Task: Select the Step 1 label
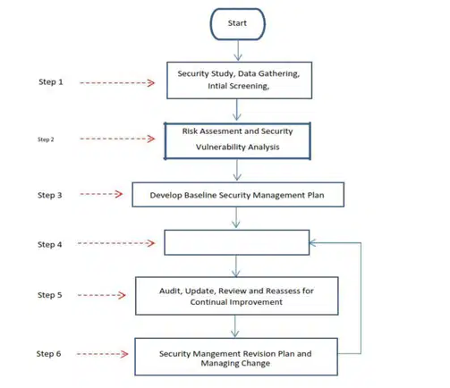click(x=51, y=82)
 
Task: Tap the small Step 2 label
click(x=46, y=139)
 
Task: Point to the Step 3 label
click(x=49, y=195)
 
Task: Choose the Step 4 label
click(x=49, y=245)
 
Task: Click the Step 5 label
click(x=49, y=295)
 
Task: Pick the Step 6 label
click(x=48, y=354)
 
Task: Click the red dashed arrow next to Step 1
click(x=117, y=83)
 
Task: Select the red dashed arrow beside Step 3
click(x=101, y=194)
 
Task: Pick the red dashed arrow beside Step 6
click(x=102, y=354)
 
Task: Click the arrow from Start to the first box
click(x=238, y=50)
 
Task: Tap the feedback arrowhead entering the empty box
click(x=312, y=243)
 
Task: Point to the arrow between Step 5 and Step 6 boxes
click(x=235, y=326)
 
